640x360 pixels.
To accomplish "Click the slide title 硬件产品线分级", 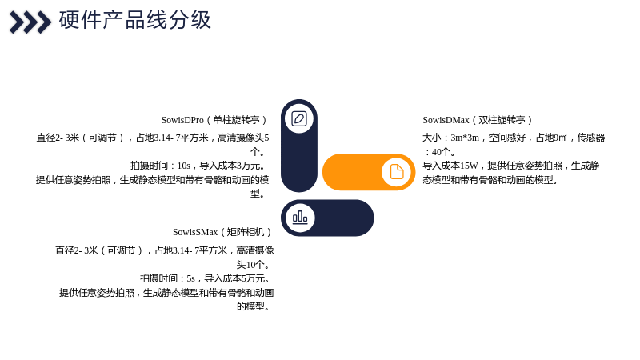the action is click(x=134, y=20).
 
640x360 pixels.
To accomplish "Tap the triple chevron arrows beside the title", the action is click(x=30, y=22).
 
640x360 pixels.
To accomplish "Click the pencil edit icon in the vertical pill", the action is click(x=299, y=118).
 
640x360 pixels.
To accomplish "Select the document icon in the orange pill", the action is click(x=396, y=172).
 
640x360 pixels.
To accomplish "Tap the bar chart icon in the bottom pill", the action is click(x=300, y=217).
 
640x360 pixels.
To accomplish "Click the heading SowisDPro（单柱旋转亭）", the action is click(x=214, y=120).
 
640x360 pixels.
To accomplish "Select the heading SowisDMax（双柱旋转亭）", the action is click(x=478, y=120).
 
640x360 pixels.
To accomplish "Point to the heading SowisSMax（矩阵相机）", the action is click(x=223, y=232).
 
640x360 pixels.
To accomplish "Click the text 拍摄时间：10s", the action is click(x=161, y=166).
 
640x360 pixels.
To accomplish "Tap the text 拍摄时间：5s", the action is click(x=167, y=278).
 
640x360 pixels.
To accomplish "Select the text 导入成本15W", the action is click(x=450, y=166).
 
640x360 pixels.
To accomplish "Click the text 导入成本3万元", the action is click(x=230, y=166).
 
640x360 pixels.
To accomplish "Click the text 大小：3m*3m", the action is click(x=450, y=138).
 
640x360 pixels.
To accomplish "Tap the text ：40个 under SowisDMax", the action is click(x=439, y=152).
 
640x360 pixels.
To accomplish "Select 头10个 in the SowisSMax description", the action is click(x=250, y=265).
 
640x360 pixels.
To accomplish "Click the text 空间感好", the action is click(x=507, y=138).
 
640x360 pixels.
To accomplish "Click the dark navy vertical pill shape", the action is click(x=299, y=146).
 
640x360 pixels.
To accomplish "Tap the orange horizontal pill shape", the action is click(x=369, y=172).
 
